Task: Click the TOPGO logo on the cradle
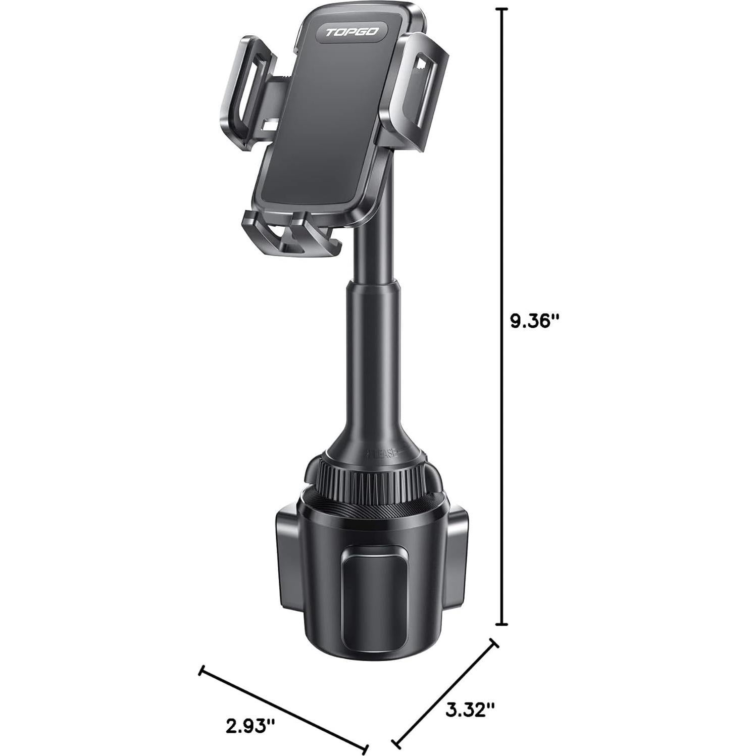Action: [x=351, y=32]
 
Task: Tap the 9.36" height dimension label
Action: [x=535, y=321]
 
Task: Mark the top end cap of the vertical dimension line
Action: [x=500, y=10]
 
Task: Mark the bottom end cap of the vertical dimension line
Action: [x=500, y=625]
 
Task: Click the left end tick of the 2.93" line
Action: [x=201, y=671]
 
